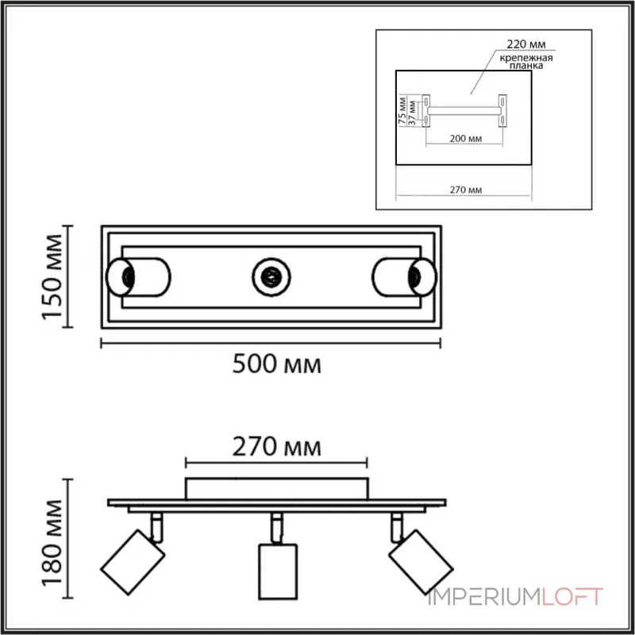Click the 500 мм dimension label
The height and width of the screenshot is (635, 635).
tap(276, 366)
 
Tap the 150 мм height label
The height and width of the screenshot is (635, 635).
tap(53, 276)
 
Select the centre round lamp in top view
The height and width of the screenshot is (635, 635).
tap(271, 277)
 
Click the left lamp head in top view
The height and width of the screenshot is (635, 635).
tap(137, 277)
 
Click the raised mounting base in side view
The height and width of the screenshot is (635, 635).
tap(277, 487)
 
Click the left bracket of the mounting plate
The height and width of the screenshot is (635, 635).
tap(426, 110)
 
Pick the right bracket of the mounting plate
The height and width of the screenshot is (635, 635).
tap(502, 110)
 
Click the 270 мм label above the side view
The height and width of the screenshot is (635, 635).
tap(276, 447)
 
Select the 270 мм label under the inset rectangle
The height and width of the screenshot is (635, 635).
tap(465, 190)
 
